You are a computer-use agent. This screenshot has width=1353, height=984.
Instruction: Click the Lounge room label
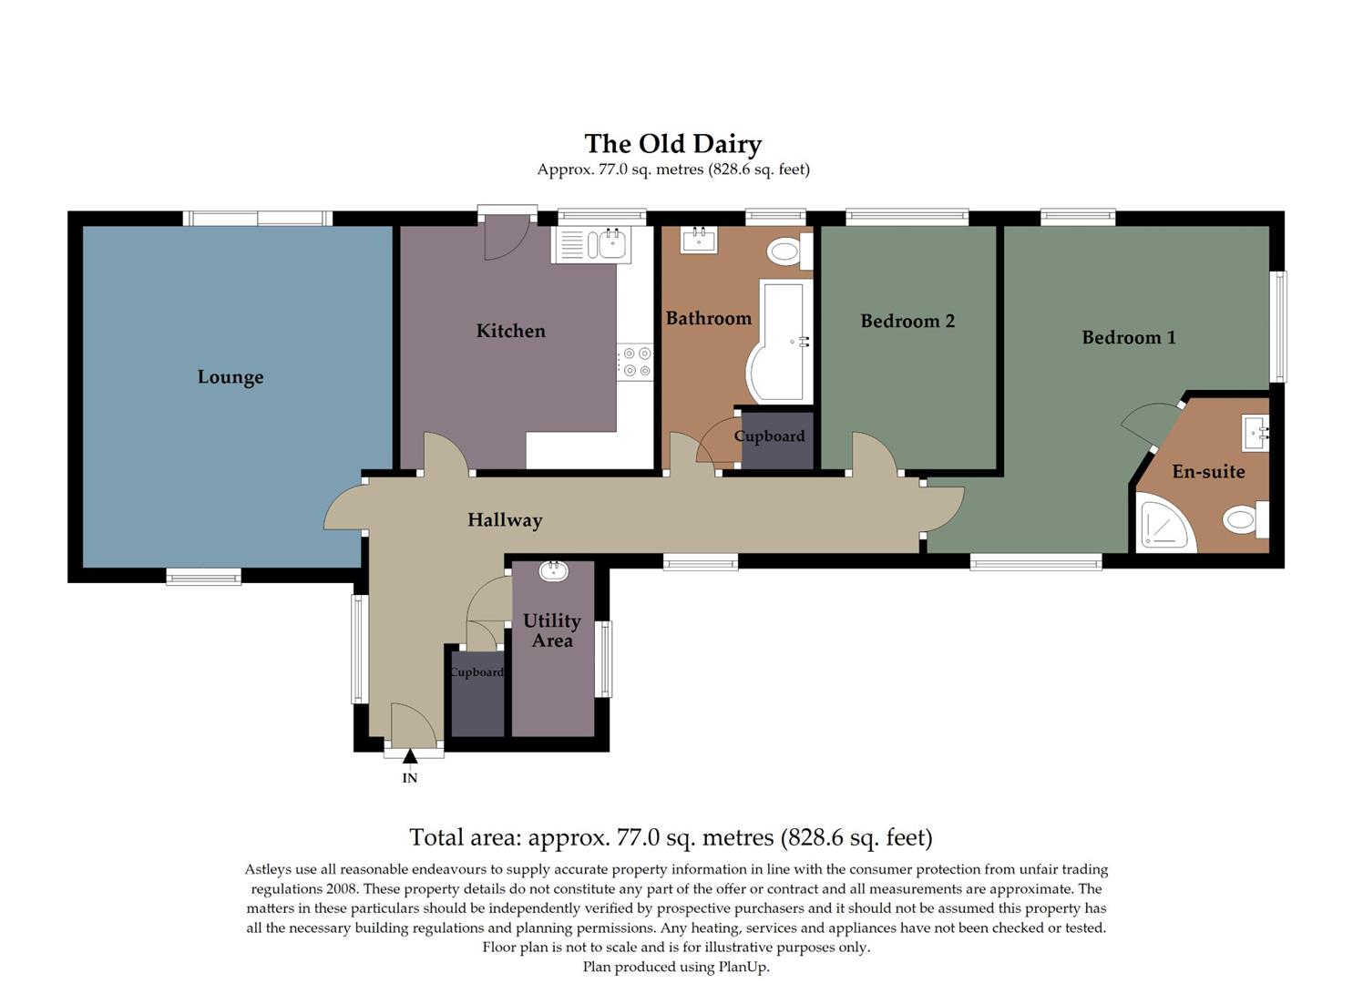231,377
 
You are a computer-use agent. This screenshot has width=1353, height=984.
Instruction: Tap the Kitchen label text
510,331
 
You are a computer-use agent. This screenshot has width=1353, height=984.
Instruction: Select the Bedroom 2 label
907,321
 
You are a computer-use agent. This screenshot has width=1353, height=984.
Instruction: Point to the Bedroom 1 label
1128,337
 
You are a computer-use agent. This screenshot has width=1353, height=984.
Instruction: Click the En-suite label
1208,471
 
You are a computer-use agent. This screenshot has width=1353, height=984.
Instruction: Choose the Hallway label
505,520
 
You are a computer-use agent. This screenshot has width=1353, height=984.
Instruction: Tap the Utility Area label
552,630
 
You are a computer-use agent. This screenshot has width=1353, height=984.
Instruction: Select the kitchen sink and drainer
590,245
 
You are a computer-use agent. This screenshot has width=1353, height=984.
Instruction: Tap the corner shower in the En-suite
1165,525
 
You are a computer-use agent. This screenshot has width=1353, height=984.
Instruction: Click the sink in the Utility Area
553,571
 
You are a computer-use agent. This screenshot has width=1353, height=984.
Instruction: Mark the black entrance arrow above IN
410,755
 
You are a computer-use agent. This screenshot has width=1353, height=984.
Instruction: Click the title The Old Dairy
672,144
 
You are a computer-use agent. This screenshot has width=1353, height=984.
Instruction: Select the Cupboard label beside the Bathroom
769,436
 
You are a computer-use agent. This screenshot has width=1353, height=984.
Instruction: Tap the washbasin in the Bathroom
699,240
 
